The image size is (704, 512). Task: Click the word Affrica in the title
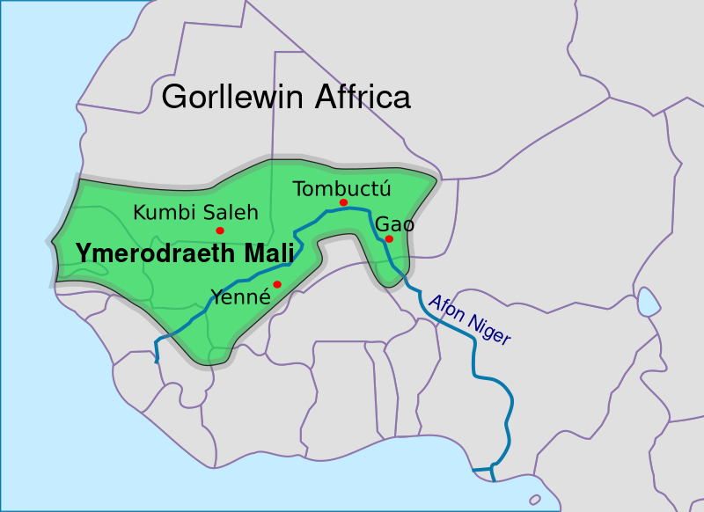(363, 97)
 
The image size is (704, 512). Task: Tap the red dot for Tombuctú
(343, 203)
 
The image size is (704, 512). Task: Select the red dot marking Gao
(389, 238)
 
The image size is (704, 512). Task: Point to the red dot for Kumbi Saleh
(220, 230)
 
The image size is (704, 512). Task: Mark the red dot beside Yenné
(277, 283)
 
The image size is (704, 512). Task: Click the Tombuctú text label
(341, 188)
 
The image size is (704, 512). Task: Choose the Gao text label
(394, 223)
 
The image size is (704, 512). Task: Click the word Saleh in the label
(230, 212)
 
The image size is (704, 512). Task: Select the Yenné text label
(239, 296)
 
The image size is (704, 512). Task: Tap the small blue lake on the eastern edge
(649, 302)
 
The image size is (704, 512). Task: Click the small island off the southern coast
(535, 499)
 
